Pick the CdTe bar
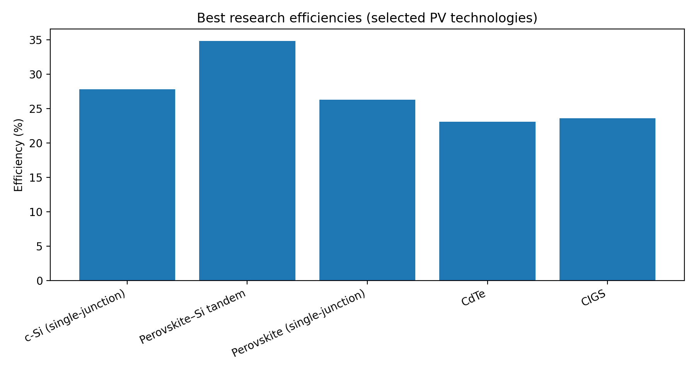pos(487,201)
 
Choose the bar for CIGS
pos(607,199)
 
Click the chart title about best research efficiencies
pos(367,18)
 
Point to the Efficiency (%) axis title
pos(19,155)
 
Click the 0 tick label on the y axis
pos(40,281)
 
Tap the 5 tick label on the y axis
pos(40,247)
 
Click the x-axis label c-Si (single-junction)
pos(75,315)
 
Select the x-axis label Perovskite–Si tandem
pos(193,316)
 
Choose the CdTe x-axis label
pos(473,298)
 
